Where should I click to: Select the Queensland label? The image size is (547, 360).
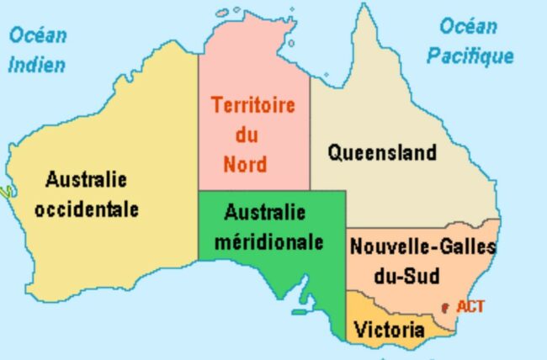pos(382,152)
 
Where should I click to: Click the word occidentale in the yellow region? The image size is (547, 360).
pos(87,209)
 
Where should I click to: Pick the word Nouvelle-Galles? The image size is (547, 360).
pos(423,247)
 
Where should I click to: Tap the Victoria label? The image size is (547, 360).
pos(383,329)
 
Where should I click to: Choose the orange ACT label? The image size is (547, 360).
pos(470,307)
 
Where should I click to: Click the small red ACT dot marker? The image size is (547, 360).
pos(444,308)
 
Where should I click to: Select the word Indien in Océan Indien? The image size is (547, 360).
pos(36,65)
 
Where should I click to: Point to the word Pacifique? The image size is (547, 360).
pos(470,56)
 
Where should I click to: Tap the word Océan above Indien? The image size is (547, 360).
pos(38,35)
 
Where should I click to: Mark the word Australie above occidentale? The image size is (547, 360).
pos(86,179)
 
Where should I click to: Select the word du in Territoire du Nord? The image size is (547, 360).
pos(247,135)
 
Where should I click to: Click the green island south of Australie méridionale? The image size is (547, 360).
pos(299,312)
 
